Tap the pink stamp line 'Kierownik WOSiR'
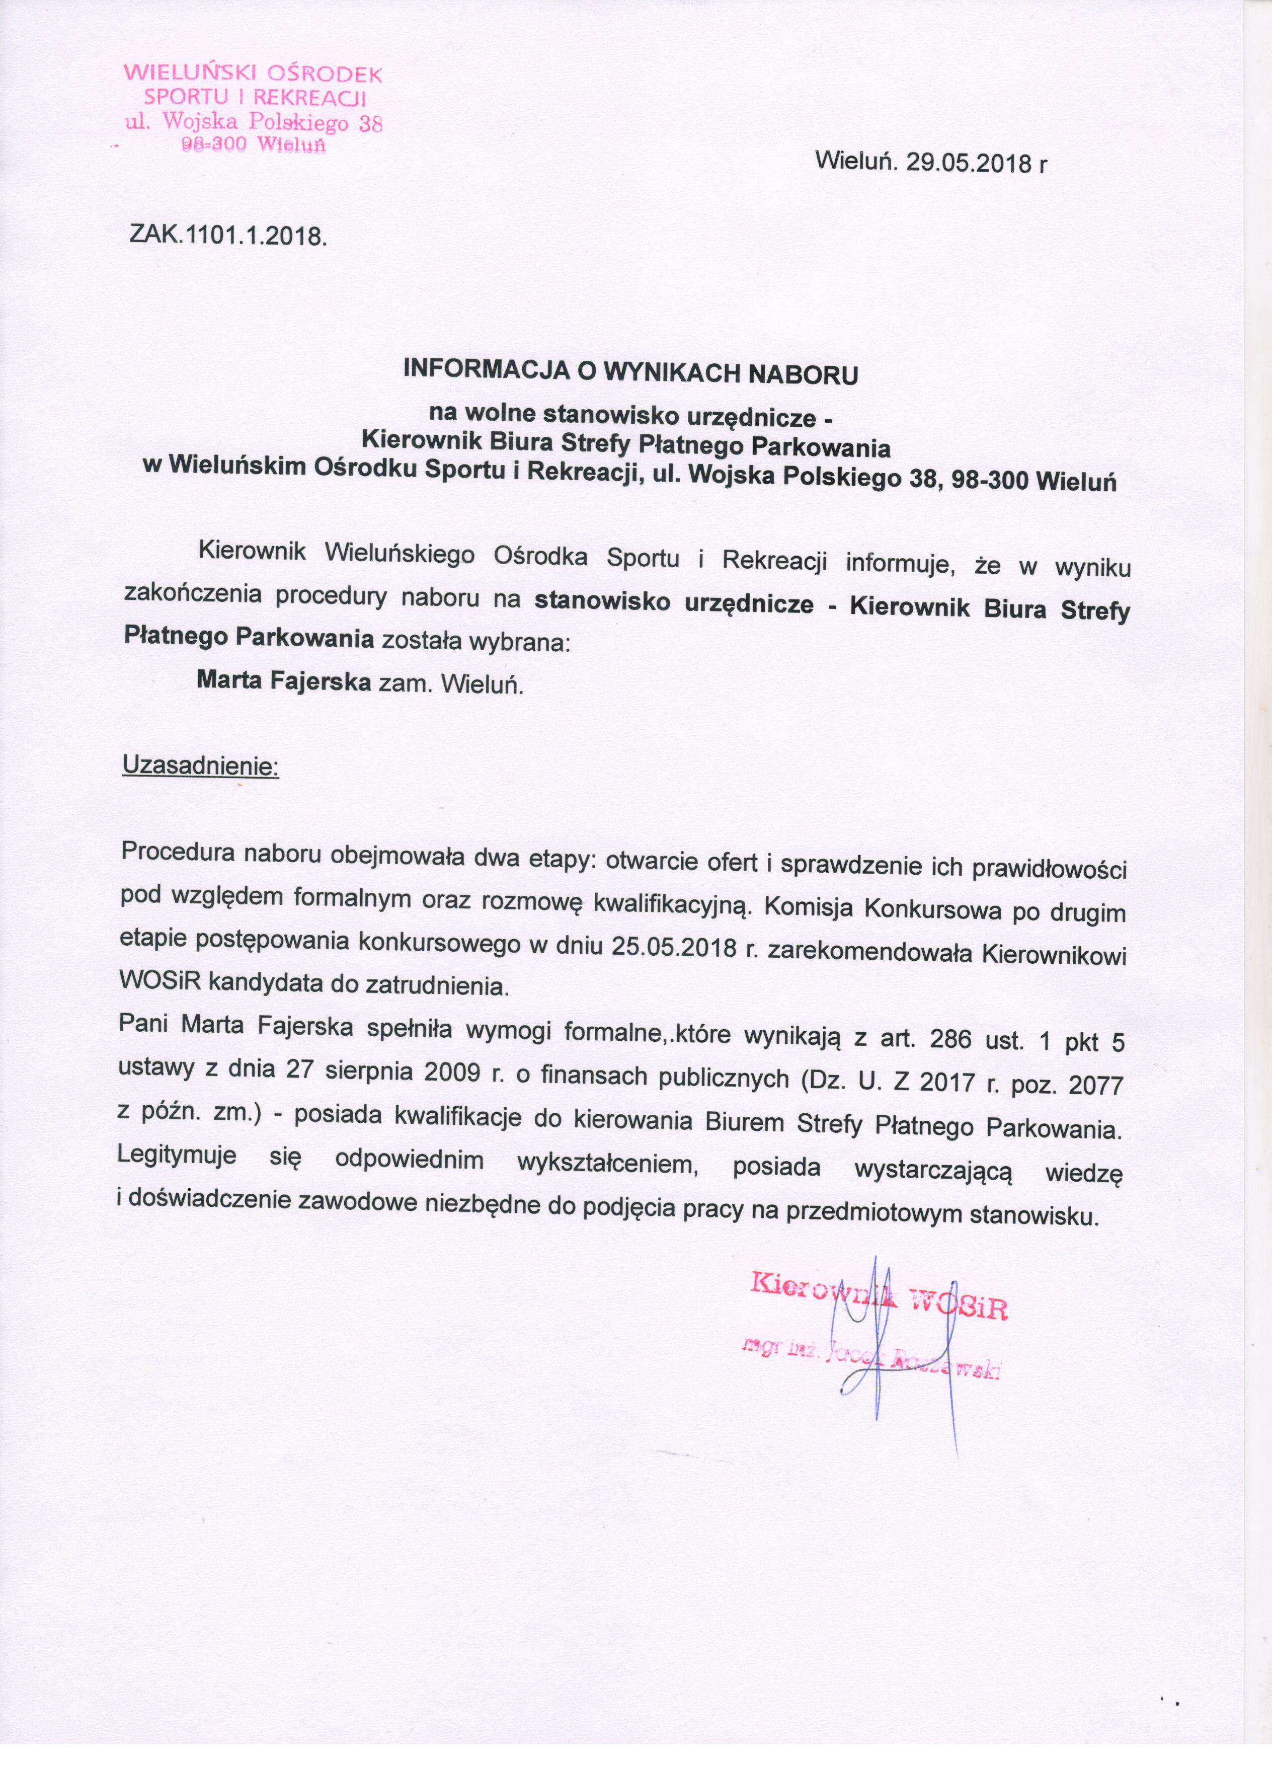879,1304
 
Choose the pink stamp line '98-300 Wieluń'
254,145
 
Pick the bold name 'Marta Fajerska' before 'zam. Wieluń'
284,682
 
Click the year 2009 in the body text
453,1073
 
